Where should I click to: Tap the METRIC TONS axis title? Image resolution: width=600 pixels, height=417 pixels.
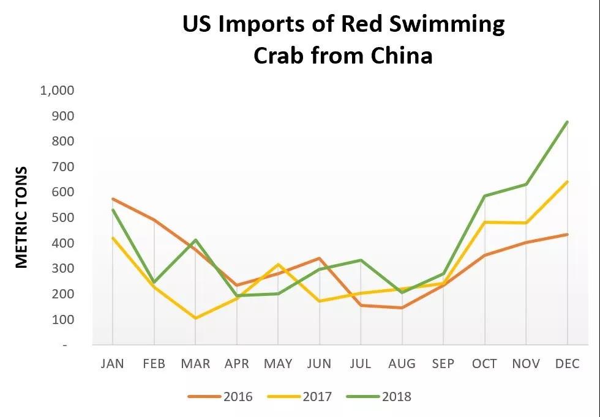[22, 217]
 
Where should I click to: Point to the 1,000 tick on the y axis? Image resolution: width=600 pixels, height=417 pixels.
[57, 90]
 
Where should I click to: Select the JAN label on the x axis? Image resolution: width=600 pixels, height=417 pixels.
[112, 364]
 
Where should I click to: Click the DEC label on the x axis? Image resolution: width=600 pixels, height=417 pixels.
[567, 364]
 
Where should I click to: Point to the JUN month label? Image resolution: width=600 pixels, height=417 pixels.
[320, 364]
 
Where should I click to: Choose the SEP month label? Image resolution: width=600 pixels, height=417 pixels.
[443, 364]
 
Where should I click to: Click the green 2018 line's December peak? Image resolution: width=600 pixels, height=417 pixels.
[568, 122]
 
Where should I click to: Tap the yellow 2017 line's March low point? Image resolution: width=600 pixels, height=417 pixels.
[195, 318]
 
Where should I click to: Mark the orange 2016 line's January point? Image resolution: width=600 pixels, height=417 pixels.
[113, 199]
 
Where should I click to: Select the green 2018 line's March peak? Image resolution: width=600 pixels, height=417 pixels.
[195, 240]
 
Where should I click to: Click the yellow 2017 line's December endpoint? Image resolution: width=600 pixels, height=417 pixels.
[568, 182]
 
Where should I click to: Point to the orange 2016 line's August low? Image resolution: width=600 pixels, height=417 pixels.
[402, 308]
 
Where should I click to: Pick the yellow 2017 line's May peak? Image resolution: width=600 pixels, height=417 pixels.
[278, 264]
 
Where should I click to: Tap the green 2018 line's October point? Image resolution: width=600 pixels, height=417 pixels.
[485, 196]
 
